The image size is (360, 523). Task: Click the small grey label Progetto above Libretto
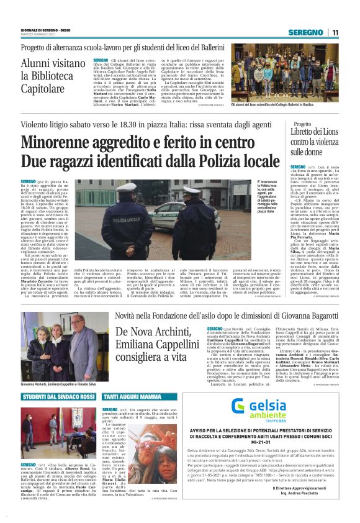302,124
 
